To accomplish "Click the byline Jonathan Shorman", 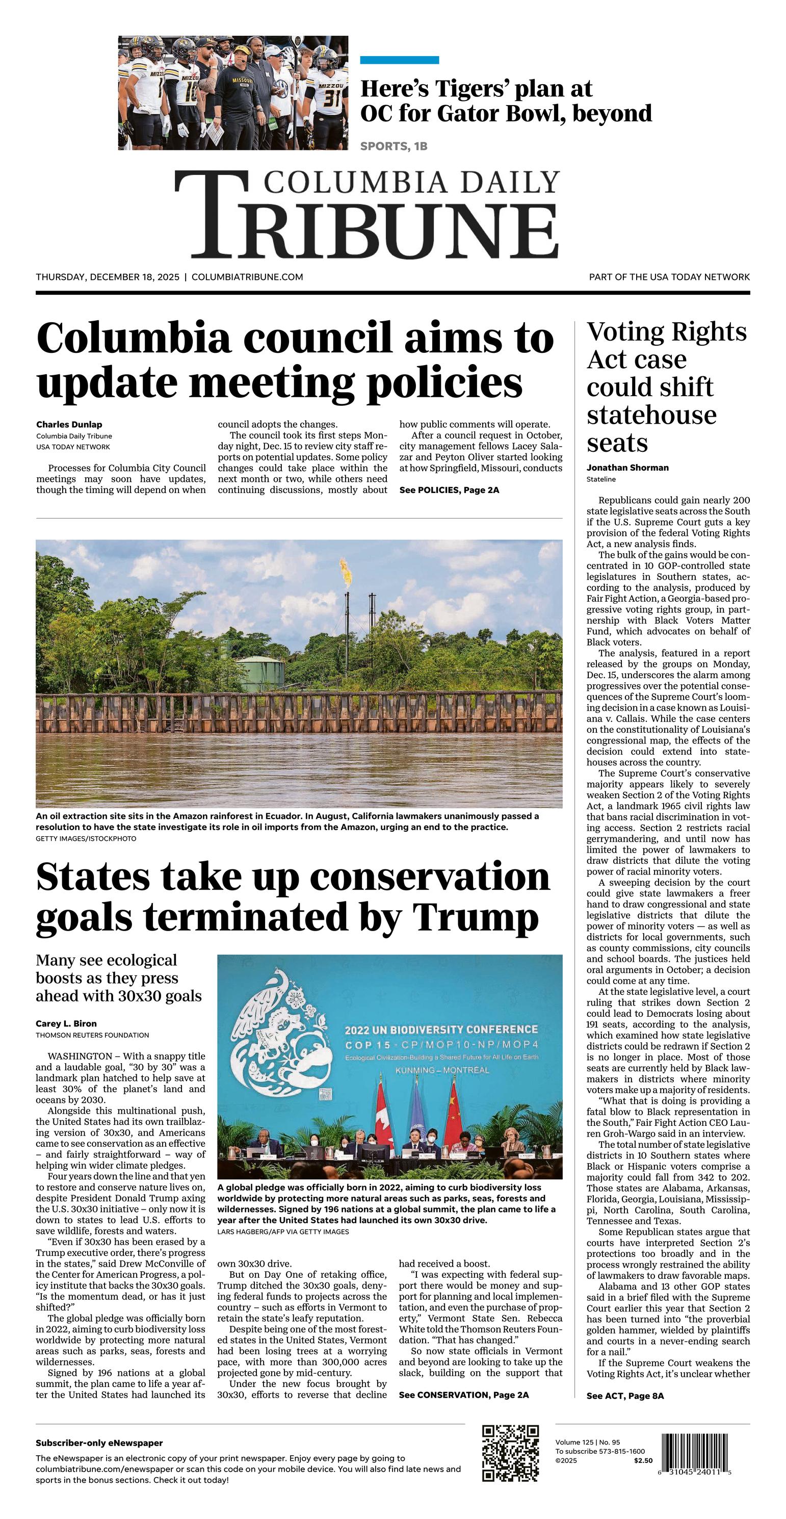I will [x=627, y=468].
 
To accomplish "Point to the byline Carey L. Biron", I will [x=66, y=1024].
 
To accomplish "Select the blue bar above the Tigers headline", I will [x=399, y=60].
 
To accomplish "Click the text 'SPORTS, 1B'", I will [x=394, y=146].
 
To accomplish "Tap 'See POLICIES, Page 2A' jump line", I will [x=449, y=490].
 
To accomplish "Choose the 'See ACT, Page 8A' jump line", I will [x=625, y=1396].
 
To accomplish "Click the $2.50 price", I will [x=643, y=1461].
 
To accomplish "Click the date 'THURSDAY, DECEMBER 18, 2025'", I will [x=108, y=276].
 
